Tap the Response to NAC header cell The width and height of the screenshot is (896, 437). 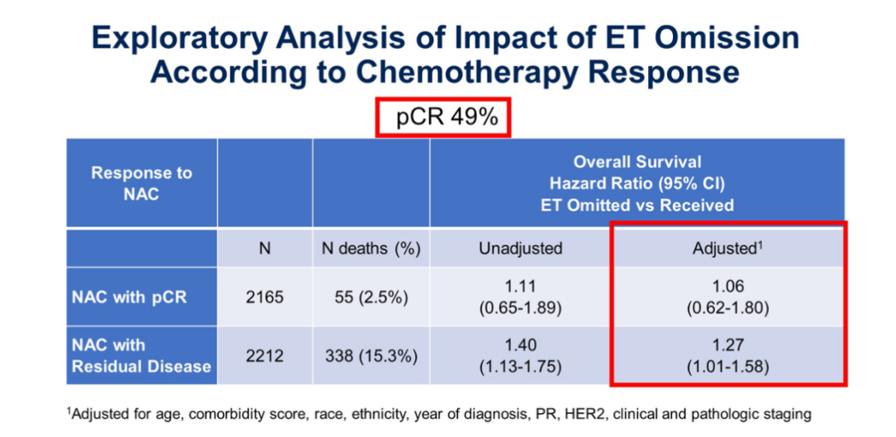[141, 183]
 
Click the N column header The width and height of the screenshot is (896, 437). [265, 248]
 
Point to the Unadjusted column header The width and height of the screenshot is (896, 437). [520, 248]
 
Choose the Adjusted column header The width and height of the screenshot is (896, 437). [727, 247]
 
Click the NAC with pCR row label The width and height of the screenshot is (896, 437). [129, 297]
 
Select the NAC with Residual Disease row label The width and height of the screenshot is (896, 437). [141, 355]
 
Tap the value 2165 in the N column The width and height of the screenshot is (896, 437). [265, 297]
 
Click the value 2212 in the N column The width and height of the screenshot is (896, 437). [265, 356]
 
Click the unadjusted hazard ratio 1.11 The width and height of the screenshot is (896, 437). [520, 287]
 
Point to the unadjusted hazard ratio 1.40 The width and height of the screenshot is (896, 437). [520, 345]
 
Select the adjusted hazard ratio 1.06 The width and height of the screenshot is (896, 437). [727, 287]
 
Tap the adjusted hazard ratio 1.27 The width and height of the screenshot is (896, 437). [727, 345]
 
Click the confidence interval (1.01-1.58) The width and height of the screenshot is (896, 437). [727, 366]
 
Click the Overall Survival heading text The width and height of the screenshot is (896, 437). [637, 163]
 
